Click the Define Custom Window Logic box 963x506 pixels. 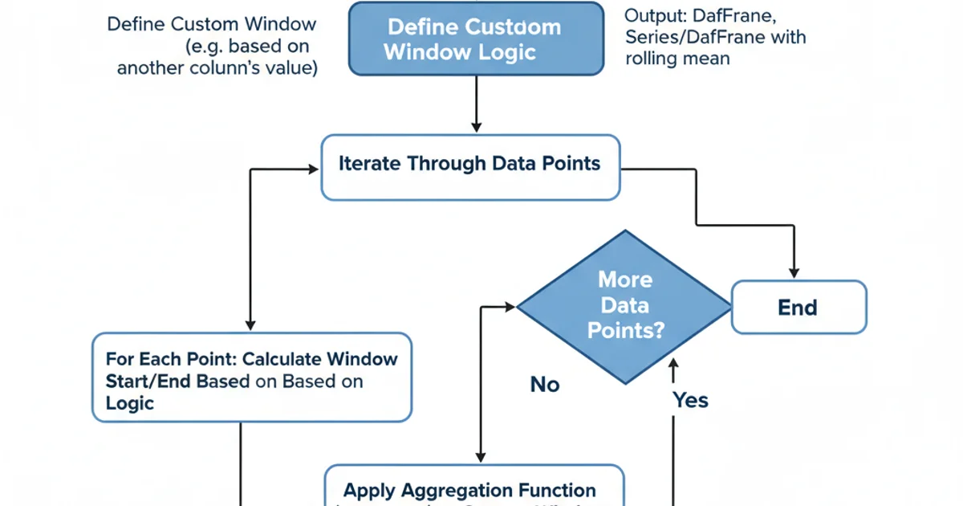[477, 39]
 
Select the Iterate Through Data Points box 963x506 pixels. [471, 167]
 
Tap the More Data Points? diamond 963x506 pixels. [625, 306]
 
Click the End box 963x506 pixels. [798, 307]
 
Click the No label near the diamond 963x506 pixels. [545, 386]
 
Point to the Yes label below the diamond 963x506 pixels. [690, 399]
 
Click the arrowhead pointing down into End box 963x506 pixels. [794, 273]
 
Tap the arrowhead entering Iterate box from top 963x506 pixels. [477, 128]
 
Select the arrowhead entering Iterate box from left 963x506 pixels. [314, 169]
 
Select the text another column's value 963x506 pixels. [217, 67]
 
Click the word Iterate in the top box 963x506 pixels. [370, 164]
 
